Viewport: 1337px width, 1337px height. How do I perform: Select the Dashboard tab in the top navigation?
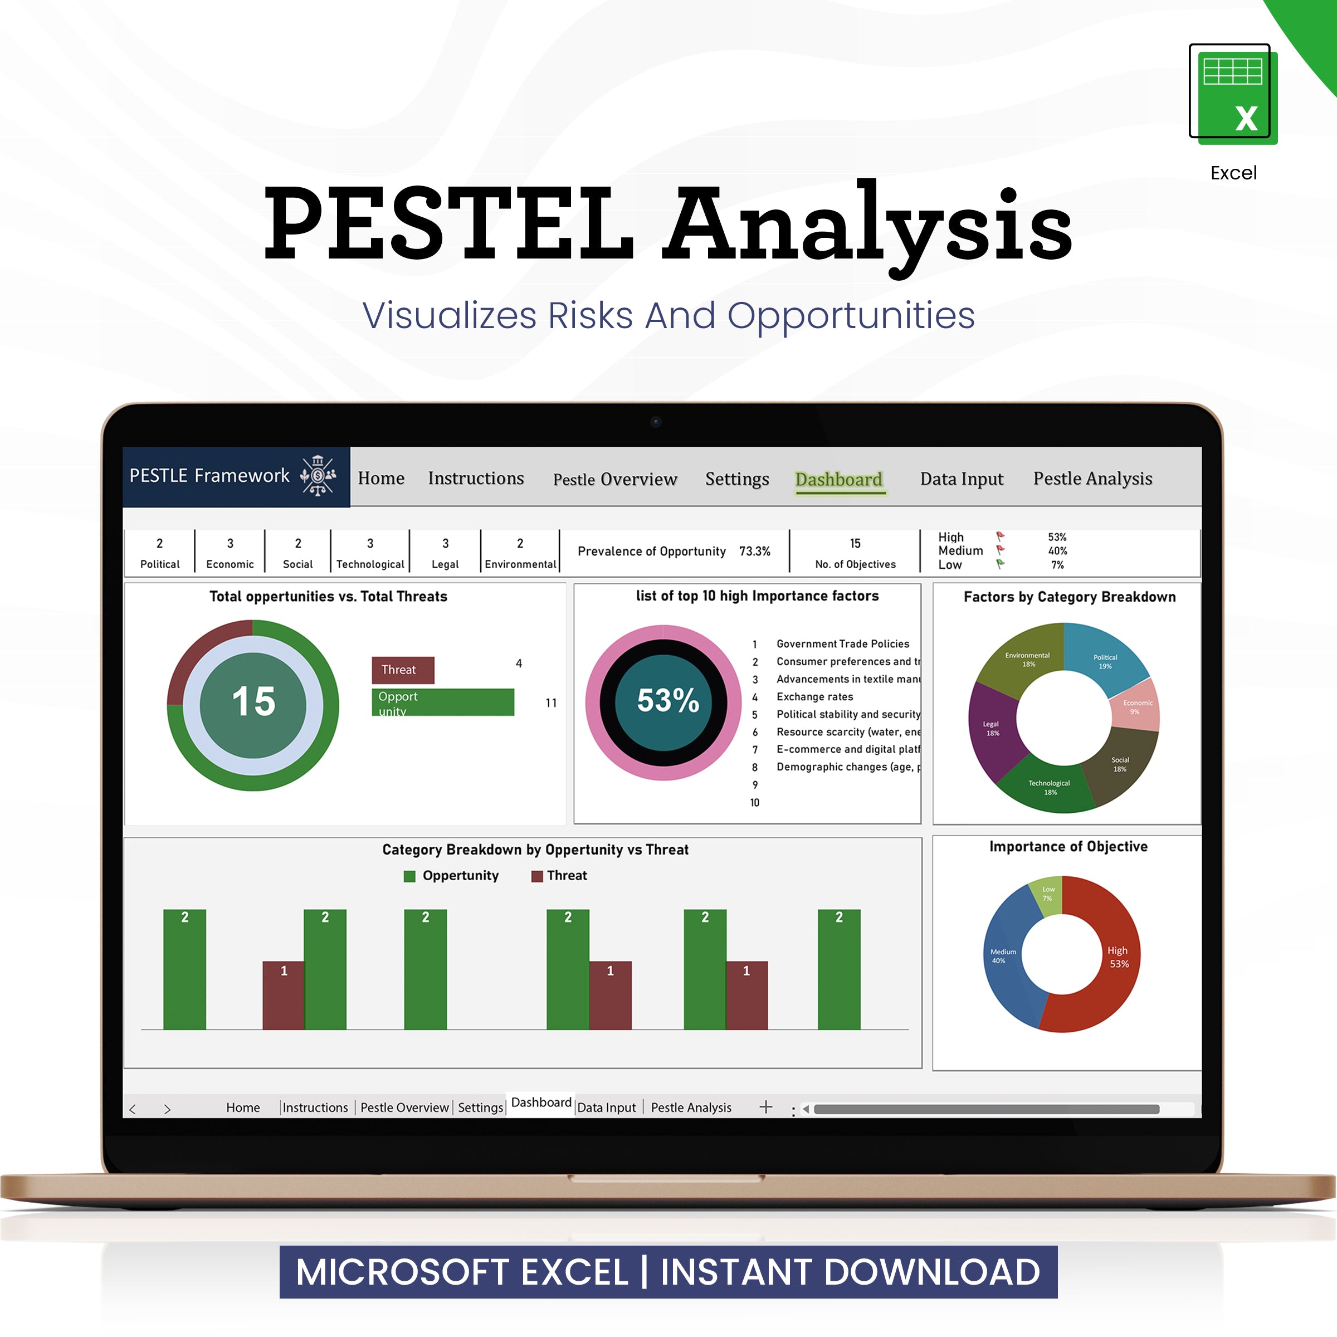839,479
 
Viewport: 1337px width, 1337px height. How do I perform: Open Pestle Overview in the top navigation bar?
614,479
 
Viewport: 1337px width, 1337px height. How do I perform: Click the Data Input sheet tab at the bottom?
606,1107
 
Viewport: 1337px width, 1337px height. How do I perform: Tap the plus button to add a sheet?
765,1106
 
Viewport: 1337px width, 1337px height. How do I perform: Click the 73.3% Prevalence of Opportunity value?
754,551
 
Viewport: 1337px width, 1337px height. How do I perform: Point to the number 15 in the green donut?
253,702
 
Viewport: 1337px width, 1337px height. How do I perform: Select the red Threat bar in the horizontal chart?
403,669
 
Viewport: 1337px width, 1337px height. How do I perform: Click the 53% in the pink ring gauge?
667,700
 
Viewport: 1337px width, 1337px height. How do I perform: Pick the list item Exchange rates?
814,697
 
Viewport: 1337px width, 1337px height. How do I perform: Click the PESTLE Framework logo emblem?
318,475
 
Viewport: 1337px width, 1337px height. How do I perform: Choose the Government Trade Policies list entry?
842,643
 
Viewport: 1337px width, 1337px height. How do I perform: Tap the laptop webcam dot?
655,422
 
